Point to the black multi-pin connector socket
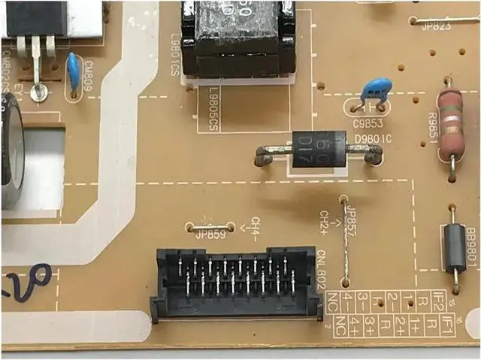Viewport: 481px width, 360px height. coord(233,283)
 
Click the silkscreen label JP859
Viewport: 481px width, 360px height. coord(211,234)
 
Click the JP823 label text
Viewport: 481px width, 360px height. coord(436,28)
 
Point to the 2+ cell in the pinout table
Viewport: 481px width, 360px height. coord(401,325)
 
